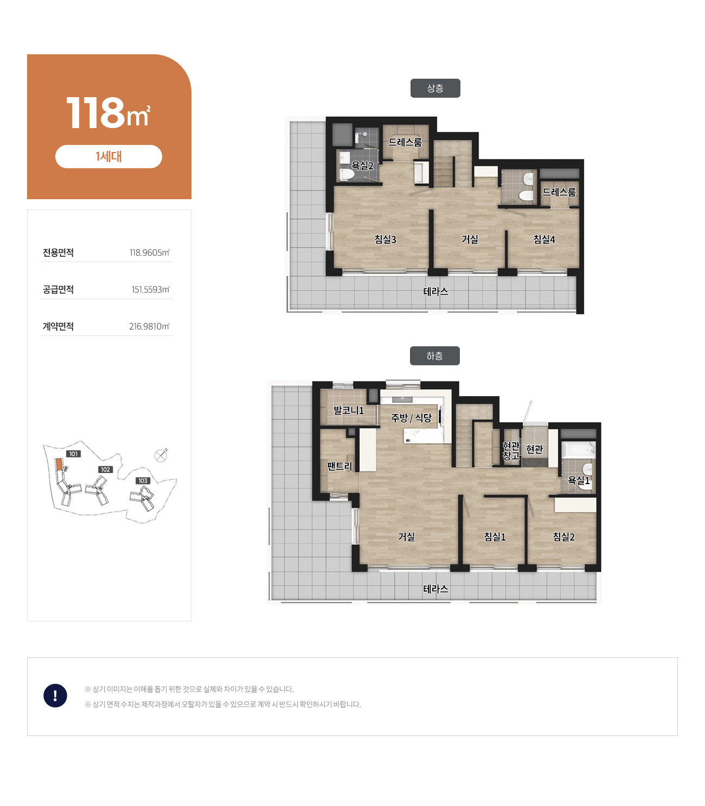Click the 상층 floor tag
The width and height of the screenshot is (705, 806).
[435, 88]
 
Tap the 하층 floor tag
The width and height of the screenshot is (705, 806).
[434, 356]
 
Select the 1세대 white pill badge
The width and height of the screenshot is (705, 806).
[108, 156]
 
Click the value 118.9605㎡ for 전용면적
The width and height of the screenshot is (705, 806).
[150, 252]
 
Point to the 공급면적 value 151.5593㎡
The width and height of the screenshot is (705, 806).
[150, 289]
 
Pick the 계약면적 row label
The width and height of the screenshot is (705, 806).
[58, 326]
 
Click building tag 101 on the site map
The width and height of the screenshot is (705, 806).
[74, 454]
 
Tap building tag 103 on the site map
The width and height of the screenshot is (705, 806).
[143, 480]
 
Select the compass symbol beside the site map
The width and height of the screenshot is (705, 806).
[161, 455]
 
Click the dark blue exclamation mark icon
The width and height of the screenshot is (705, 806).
[55, 695]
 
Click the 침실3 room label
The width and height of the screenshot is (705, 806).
[385, 239]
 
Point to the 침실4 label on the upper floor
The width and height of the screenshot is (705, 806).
[544, 239]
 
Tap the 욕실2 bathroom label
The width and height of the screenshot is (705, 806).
[362, 166]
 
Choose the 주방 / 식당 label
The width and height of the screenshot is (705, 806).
[411, 417]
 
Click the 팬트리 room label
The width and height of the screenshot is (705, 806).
[339, 466]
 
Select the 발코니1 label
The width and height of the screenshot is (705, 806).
[348, 410]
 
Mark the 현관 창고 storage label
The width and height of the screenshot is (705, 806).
[511, 451]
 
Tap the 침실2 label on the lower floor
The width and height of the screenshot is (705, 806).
[563, 537]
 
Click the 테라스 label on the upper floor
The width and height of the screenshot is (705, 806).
[435, 291]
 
